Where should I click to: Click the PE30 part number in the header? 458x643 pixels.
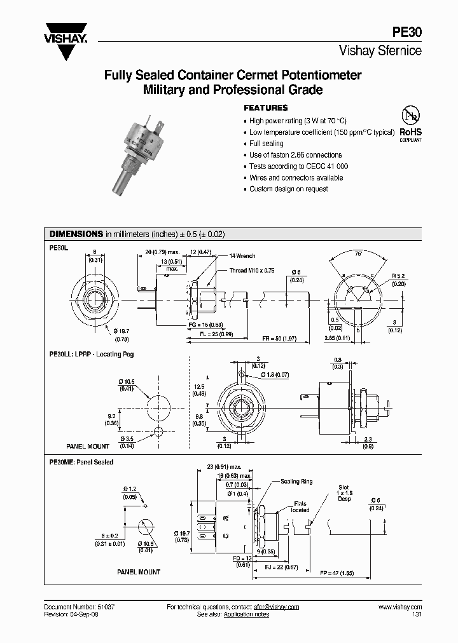pyautogui.click(x=408, y=34)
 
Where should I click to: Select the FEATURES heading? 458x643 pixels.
pyautogui.click(x=266, y=108)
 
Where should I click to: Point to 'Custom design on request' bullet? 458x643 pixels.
pyautogui.click(x=288, y=189)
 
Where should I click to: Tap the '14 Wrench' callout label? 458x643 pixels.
pyautogui.click(x=242, y=256)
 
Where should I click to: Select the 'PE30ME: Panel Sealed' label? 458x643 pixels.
pyautogui.click(x=81, y=462)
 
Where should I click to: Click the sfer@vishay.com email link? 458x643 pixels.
pyautogui.click(x=276, y=607)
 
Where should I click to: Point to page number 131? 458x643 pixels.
pyautogui.click(x=416, y=616)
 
